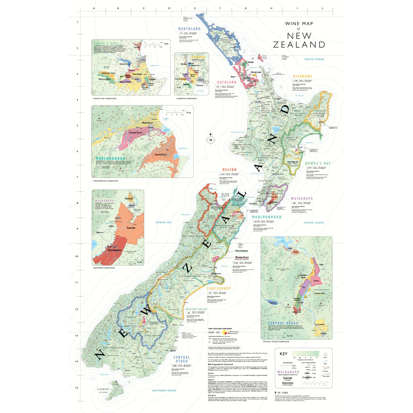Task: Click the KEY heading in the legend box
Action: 283,354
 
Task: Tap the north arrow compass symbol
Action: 211,139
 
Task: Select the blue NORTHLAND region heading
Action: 189,29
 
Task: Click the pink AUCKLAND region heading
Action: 227,82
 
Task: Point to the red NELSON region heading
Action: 229,169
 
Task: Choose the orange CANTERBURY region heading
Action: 219,288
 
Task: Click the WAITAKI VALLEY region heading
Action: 197,309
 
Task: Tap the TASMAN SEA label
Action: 163,222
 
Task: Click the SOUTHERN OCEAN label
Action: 164,391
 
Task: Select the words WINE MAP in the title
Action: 299,24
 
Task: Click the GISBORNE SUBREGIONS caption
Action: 186,99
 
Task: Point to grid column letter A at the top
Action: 94,8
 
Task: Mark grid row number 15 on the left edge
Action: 77,388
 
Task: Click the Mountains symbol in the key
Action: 326,368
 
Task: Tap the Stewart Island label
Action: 103,391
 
